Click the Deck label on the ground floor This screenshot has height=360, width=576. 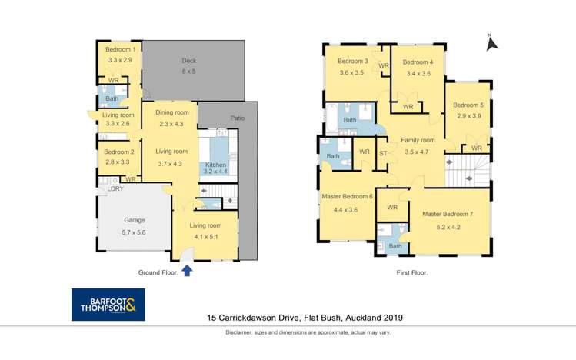point(189,61)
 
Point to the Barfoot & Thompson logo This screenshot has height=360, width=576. point(107,304)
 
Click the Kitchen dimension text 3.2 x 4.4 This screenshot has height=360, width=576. point(215,172)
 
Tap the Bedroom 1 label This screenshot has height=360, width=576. point(120,49)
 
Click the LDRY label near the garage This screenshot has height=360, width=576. point(115,189)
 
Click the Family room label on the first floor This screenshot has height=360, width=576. point(418,141)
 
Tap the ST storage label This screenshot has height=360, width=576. point(383,152)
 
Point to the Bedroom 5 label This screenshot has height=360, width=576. point(468,105)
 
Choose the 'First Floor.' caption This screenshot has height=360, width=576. point(412,272)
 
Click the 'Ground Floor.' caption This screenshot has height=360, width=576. point(158,272)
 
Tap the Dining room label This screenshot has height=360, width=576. point(172,112)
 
